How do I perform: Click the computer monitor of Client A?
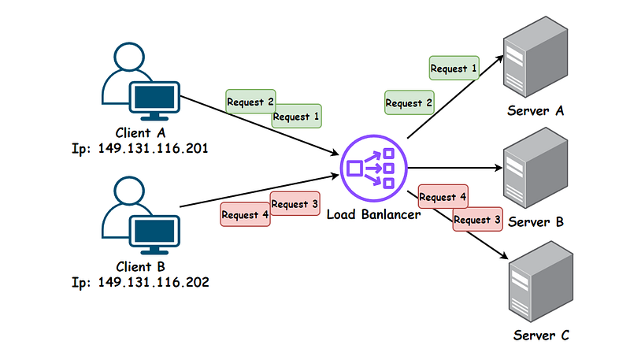155,97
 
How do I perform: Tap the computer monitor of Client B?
155,230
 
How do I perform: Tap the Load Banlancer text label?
373,214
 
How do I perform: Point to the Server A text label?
535,111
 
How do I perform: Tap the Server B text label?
535,222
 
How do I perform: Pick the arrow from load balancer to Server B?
457,167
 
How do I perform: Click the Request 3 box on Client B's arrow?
295,204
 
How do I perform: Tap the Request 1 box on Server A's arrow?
454,69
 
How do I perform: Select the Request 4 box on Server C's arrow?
443,197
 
